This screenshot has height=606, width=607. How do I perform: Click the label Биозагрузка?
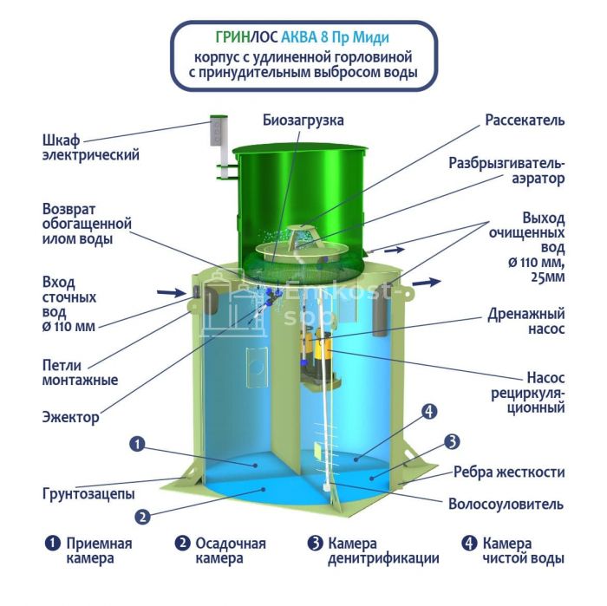pos(303,121)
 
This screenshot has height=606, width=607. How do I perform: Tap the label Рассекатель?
pos(525,121)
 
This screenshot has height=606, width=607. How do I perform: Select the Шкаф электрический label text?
pos(90,147)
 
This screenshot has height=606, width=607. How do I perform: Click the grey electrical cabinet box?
pos(218,130)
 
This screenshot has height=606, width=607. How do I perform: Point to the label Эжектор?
pos(71,417)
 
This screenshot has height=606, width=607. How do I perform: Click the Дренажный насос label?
pos(526,321)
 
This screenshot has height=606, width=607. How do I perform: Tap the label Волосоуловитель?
pos(506,504)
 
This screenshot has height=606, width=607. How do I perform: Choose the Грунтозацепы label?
pos(88,494)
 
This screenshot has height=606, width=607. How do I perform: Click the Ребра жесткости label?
pos(509,472)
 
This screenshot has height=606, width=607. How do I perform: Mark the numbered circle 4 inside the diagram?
pos(429,411)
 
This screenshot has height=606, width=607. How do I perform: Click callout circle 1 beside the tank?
pos(137,444)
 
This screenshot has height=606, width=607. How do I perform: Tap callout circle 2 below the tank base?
pos(142,517)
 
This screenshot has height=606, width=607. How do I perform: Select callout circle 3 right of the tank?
pos(452,441)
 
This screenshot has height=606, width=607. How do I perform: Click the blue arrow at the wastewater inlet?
pos(172,292)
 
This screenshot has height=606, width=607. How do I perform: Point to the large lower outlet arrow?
pos(427,282)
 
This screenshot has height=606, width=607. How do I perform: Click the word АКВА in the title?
pos(298,37)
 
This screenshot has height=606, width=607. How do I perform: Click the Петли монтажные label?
pos(80,373)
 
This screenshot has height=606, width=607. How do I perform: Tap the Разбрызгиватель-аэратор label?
pos(506,171)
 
